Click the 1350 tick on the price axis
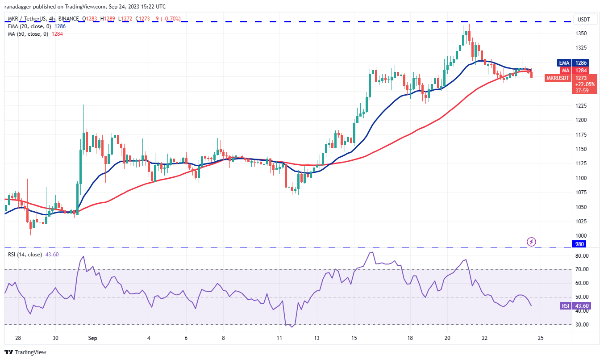pyautogui.click(x=581, y=33)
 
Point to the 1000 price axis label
pyautogui.click(x=581, y=236)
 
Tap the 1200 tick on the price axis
pyautogui.click(x=581, y=120)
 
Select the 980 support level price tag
pyautogui.click(x=579, y=244)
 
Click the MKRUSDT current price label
pyautogui.click(x=558, y=78)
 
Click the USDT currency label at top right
pyautogui.click(x=583, y=19)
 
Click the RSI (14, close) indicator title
pyautogui.click(x=24, y=255)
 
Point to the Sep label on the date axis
pyautogui.click(x=93, y=338)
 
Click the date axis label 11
pyautogui.click(x=279, y=338)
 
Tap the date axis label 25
pyautogui.click(x=540, y=338)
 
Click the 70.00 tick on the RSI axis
pyautogui.click(x=581, y=270)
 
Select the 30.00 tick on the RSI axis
pyautogui.click(x=581, y=325)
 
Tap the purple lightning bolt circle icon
pyautogui.click(x=531, y=242)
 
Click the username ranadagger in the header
pyautogui.click(x=21, y=7)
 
